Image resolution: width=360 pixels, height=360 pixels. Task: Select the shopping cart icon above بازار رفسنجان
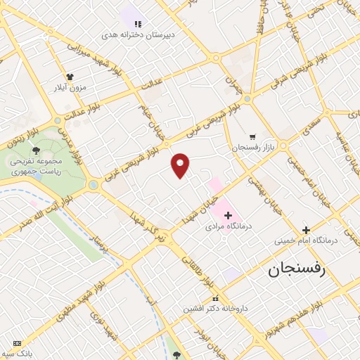(252, 136)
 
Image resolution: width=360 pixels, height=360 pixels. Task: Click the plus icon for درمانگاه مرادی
(227, 214)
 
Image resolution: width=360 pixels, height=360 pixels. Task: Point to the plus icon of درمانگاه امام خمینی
(306, 229)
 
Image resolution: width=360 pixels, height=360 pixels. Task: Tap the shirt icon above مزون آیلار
(70, 77)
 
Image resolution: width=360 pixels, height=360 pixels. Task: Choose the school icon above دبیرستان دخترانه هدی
(137, 23)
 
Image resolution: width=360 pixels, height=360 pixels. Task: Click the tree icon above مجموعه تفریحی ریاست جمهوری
(36, 150)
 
